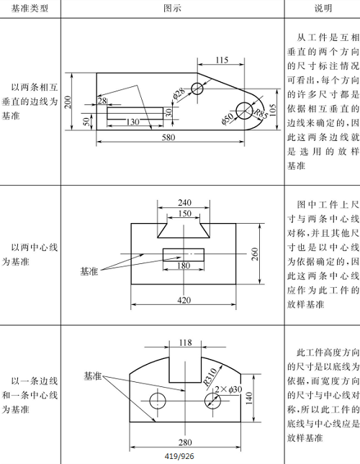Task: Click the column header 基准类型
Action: coord(30,8)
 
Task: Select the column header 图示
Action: coord(172,8)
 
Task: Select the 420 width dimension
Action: coord(184,299)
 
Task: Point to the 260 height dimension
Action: coord(255,254)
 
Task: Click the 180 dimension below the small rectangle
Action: coord(183,286)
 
